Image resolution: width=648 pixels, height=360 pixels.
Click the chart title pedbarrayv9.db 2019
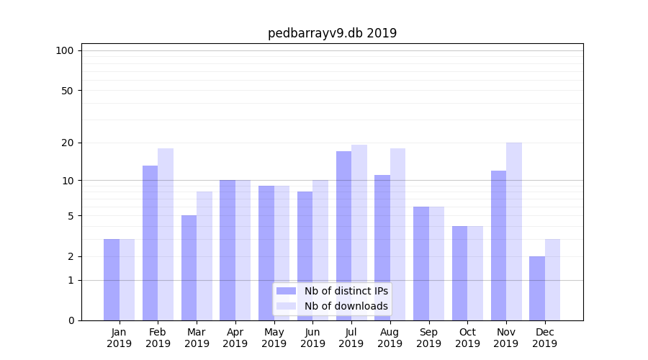tap(332, 33)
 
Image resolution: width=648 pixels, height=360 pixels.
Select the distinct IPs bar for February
tap(150, 243)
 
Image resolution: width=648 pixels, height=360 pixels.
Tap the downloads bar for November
tap(514, 231)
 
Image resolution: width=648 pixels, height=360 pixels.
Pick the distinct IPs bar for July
tap(343, 235)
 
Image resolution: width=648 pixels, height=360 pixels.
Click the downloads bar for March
tap(204, 256)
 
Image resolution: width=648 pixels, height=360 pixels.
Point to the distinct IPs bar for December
tap(537, 288)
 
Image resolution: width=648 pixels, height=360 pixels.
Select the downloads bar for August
tap(397, 234)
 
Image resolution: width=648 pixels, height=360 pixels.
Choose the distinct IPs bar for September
tap(421, 264)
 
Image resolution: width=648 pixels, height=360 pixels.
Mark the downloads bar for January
tap(127, 279)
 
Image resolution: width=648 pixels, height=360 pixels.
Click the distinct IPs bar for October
tap(459, 273)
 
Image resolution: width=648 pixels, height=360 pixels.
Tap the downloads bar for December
tap(553, 279)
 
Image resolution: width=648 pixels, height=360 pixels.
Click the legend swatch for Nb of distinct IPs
tap(286, 291)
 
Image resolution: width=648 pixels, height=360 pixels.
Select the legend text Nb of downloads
tap(346, 306)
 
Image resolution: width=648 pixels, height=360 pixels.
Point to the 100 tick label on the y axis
tap(65, 50)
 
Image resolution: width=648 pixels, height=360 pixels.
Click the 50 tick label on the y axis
tap(67, 91)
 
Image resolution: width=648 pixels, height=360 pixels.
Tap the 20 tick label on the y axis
tap(67, 143)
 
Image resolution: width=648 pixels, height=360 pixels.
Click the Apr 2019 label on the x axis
tap(235, 338)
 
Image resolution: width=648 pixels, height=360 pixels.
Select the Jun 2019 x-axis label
tap(312, 338)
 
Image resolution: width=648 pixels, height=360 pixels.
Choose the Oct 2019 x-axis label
tap(467, 338)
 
